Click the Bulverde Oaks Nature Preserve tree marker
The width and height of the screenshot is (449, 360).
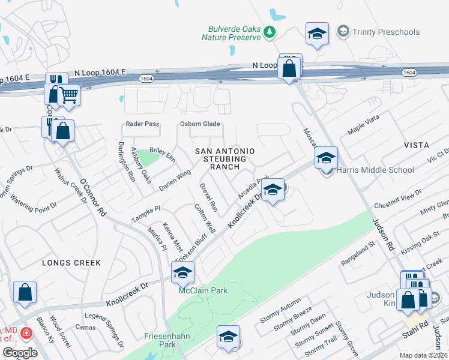(270, 32)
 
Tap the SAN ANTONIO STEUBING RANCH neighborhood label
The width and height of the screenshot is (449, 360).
(224, 158)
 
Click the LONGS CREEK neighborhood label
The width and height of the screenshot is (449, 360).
(71, 263)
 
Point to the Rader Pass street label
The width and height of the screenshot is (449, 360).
(142, 124)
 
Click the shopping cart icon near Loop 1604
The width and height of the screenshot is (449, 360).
(68, 94)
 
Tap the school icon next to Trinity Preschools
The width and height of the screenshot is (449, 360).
(317, 34)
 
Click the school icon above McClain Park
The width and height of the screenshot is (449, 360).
(182, 273)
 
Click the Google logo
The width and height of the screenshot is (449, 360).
(19, 353)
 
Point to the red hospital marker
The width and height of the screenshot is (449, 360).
(26, 332)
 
